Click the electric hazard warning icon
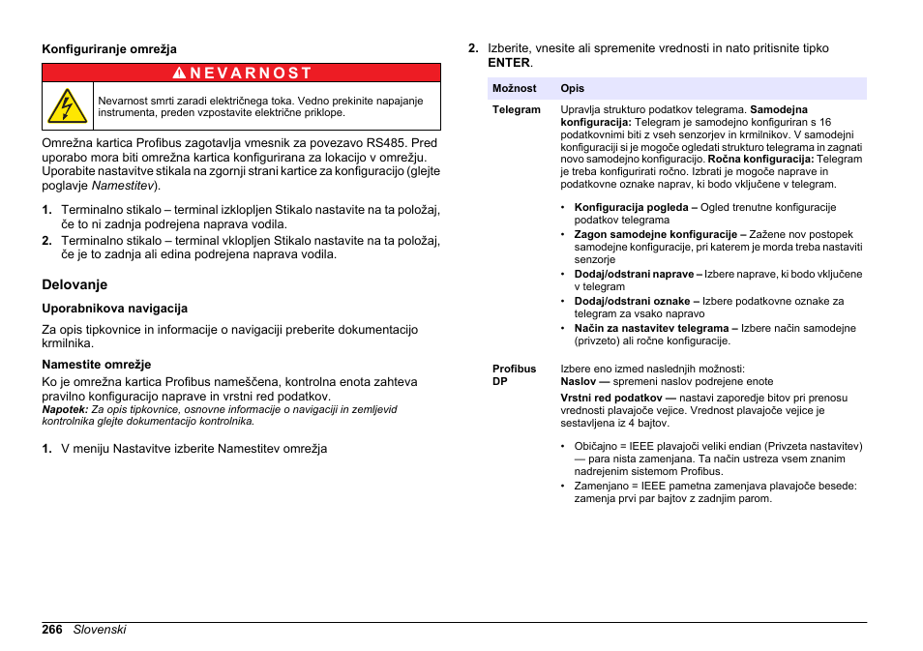67,105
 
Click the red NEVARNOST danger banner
241,73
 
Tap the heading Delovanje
74,284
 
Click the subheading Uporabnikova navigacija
114,309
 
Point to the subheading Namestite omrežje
96,365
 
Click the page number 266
52,629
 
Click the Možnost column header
514,88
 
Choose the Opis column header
572,88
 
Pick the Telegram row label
516,109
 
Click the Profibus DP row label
514,375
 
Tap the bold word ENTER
509,62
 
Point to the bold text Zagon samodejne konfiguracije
655,234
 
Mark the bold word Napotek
64,409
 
